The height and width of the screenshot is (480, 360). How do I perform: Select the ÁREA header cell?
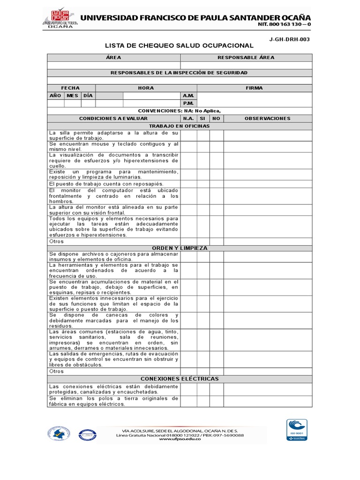pyautogui.click(x=113, y=58)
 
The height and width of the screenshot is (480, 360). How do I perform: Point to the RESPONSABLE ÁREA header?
pyautogui.click(x=246, y=58)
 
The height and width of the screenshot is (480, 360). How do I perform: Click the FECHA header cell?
pyautogui.click(x=71, y=88)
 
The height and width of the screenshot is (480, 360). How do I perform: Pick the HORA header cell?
pyautogui.click(x=146, y=88)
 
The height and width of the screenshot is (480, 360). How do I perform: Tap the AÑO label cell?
pyautogui.click(x=56, y=95)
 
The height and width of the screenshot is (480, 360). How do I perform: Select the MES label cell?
pyautogui.click(x=73, y=95)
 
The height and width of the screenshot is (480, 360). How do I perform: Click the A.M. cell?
pyautogui.click(x=188, y=95)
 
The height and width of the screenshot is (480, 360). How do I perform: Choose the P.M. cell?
pyautogui.click(x=188, y=103)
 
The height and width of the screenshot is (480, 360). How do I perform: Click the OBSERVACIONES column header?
pyautogui.click(x=267, y=119)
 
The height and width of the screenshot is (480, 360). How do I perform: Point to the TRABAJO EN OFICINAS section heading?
pyautogui.click(x=179, y=126)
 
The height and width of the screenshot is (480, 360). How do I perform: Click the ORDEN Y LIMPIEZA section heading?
pyautogui.click(x=179, y=248)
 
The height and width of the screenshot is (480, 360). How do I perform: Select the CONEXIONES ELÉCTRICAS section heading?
pyautogui.click(x=179, y=379)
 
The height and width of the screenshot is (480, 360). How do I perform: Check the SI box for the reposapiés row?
pyautogui.click(x=203, y=184)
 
